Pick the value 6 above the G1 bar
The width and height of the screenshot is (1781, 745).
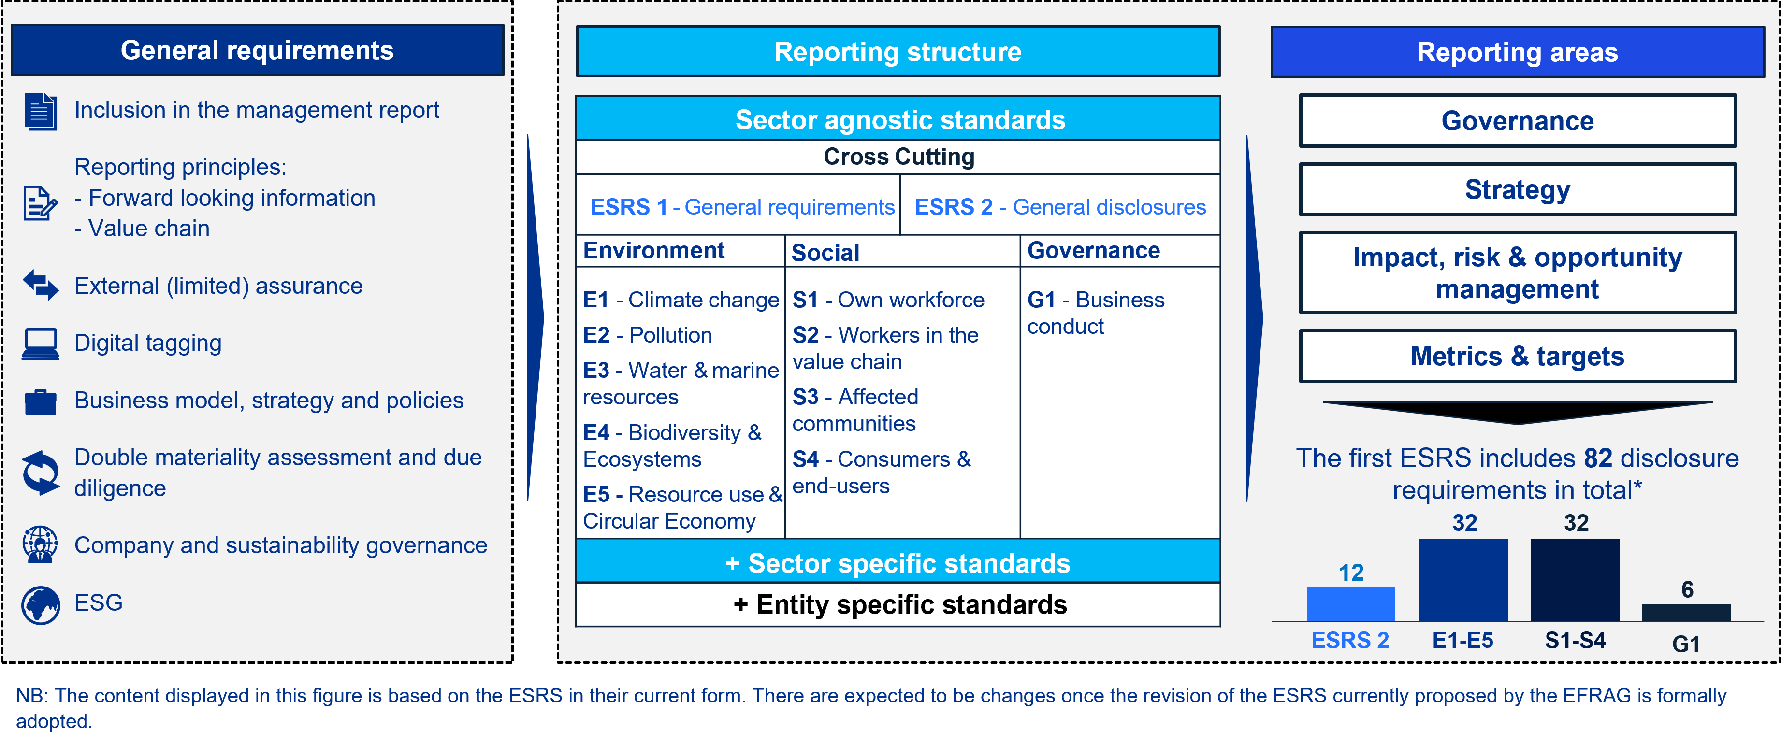coord(1688,589)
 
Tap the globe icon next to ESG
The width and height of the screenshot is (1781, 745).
coord(40,605)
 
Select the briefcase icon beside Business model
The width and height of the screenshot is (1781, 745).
coord(40,401)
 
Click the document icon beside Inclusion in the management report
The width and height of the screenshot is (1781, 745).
coord(40,111)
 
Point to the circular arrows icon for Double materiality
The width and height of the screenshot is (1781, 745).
coord(41,473)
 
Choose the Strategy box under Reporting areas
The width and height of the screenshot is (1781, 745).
coord(1517,189)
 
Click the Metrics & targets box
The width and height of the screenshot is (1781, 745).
coord(1517,356)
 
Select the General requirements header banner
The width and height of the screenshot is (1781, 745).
coord(257,50)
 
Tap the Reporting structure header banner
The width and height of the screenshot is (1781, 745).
coord(898,52)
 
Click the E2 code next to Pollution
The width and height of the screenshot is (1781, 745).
coord(596,335)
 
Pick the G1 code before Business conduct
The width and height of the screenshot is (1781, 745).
coord(1041,300)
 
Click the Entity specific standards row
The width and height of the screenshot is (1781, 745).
coord(898,605)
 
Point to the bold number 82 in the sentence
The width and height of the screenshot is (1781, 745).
coord(1598,458)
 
